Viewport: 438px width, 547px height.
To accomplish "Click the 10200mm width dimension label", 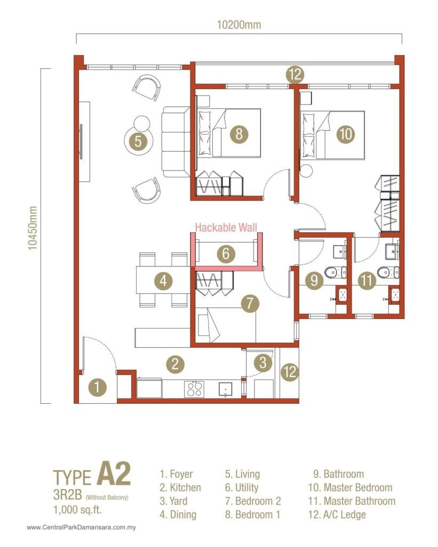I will pos(238,25).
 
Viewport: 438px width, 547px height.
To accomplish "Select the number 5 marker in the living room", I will pos(138,142).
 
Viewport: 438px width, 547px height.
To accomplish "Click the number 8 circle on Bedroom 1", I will pos(239,134).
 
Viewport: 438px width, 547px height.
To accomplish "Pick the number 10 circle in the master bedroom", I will pos(346,134).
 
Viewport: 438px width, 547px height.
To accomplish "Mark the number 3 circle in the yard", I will pos(262,363).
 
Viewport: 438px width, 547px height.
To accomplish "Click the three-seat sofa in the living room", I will pos(175,142).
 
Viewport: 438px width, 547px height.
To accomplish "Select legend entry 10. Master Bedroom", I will pos(350,487).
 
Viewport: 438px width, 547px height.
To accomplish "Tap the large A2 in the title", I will pos(113,475).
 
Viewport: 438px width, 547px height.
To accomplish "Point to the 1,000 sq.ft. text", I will pos(77,510).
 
